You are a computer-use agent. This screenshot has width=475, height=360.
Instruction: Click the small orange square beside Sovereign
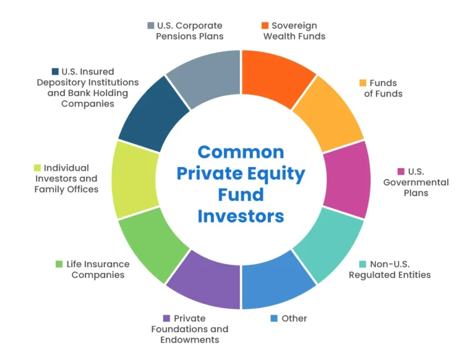(x=265, y=26)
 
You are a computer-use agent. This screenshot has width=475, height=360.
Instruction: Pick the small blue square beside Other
(x=274, y=319)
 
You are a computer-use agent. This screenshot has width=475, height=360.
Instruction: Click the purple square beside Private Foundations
(x=166, y=319)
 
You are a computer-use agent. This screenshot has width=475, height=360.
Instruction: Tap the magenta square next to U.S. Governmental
(x=401, y=171)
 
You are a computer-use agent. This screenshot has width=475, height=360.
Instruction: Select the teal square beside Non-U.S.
(x=362, y=264)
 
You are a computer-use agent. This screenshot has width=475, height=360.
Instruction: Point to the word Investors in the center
(x=241, y=216)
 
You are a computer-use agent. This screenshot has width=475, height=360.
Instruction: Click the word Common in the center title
(x=241, y=152)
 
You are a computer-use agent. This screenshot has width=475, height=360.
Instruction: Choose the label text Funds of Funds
(x=383, y=88)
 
